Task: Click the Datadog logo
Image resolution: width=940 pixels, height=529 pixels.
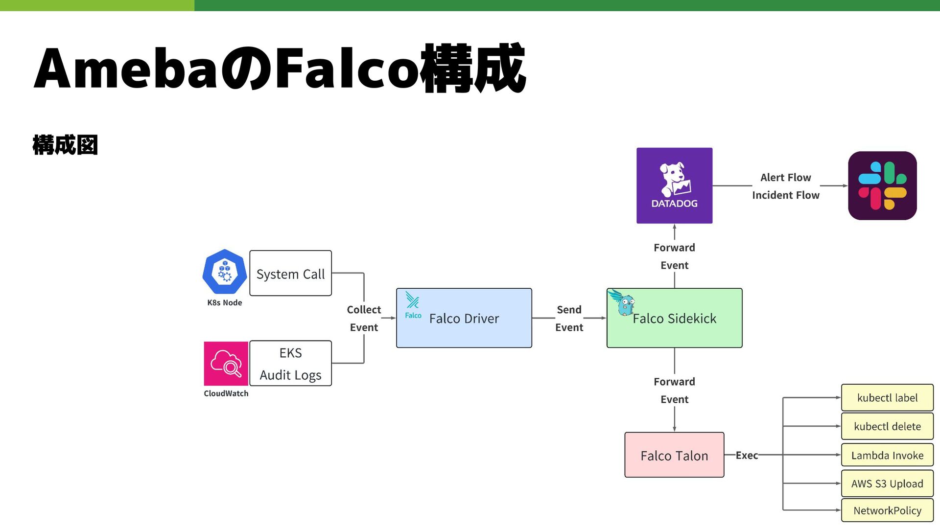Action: click(x=674, y=185)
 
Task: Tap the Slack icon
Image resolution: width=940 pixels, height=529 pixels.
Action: click(x=882, y=185)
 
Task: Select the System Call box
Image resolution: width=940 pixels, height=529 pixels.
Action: click(x=290, y=273)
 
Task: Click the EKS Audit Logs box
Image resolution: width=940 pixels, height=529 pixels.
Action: click(x=290, y=363)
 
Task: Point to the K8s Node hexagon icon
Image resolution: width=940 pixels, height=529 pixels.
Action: click(x=225, y=272)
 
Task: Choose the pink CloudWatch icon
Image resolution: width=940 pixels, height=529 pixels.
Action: click(x=226, y=364)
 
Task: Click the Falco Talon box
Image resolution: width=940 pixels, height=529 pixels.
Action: click(x=674, y=455)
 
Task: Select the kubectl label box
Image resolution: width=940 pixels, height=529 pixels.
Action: click(x=887, y=398)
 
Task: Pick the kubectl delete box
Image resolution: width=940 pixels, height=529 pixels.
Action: click(x=887, y=426)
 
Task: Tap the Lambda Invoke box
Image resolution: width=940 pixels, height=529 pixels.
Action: click(x=887, y=455)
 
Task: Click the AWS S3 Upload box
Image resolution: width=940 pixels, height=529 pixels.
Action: click(x=887, y=483)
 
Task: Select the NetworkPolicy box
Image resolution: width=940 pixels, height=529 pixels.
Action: click(x=887, y=510)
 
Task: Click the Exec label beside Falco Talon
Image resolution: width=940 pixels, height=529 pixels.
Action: click(x=747, y=455)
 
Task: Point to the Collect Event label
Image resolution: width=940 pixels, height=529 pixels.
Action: click(x=364, y=318)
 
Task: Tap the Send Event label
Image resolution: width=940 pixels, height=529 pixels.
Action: click(x=569, y=318)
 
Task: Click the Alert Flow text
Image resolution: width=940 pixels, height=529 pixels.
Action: click(x=785, y=178)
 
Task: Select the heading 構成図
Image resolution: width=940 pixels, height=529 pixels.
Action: click(x=65, y=145)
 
